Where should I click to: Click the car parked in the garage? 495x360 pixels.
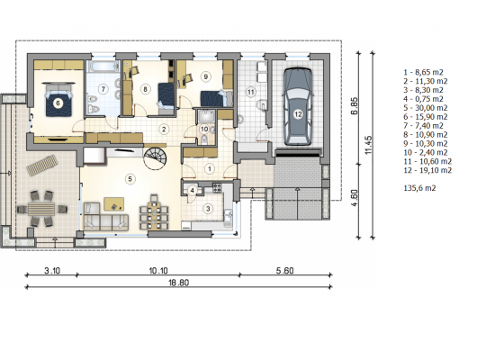pyautogui.click(x=298, y=106)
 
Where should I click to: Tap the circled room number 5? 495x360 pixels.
pyautogui.click(x=130, y=179)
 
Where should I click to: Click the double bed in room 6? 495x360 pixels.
pyautogui.click(x=58, y=100)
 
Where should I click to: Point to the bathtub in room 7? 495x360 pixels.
pyautogui.click(x=103, y=67)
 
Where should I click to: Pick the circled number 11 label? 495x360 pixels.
pyautogui.click(x=251, y=92)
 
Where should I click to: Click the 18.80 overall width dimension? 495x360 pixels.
pyautogui.click(x=179, y=283)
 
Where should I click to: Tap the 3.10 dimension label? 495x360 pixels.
pyautogui.click(x=52, y=271)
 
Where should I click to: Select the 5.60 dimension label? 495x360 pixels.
pyautogui.click(x=284, y=271)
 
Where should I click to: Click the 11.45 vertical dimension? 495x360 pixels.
pyautogui.click(x=368, y=145)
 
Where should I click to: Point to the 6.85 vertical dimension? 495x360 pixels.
pyautogui.click(x=355, y=106)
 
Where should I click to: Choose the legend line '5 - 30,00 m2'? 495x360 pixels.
pyautogui.click(x=426, y=108)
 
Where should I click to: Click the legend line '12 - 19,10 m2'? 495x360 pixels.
pyautogui.click(x=427, y=170)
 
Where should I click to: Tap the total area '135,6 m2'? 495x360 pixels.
pyautogui.click(x=419, y=188)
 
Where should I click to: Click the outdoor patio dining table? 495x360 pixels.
pyautogui.click(x=41, y=209)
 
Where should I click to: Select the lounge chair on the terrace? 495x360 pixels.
pyautogui.click(x=42, y=166)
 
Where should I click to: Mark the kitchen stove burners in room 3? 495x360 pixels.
pyautogui.click(x=218, y=188)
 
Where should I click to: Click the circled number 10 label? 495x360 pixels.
pyautogui.click(x=204, y=130)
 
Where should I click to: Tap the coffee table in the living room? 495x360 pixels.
pyautogui.click(x=114, y=204)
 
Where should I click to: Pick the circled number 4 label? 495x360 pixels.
pyautogui.click(x=193, y=191)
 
